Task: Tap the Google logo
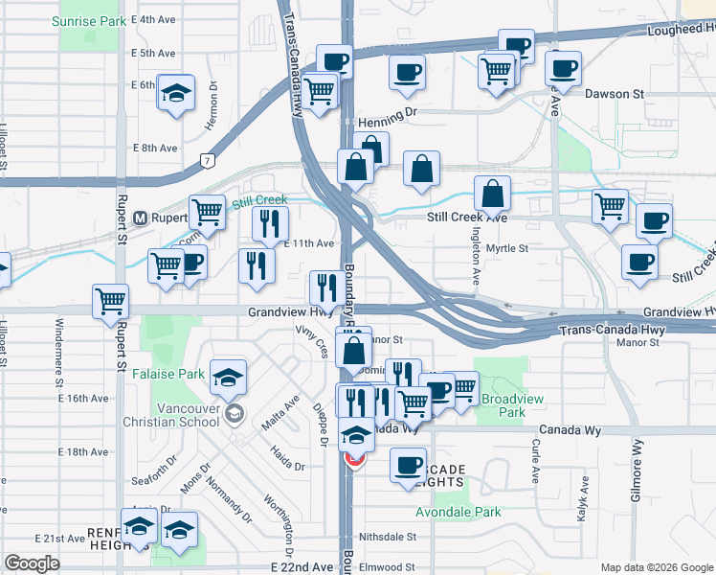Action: tap(33, 563)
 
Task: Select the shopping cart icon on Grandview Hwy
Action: tap(111, 301)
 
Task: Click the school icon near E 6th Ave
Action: tap(176, 92)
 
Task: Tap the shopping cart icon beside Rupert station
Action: tap(207, 212)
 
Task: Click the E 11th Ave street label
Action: tap(308, 243)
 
